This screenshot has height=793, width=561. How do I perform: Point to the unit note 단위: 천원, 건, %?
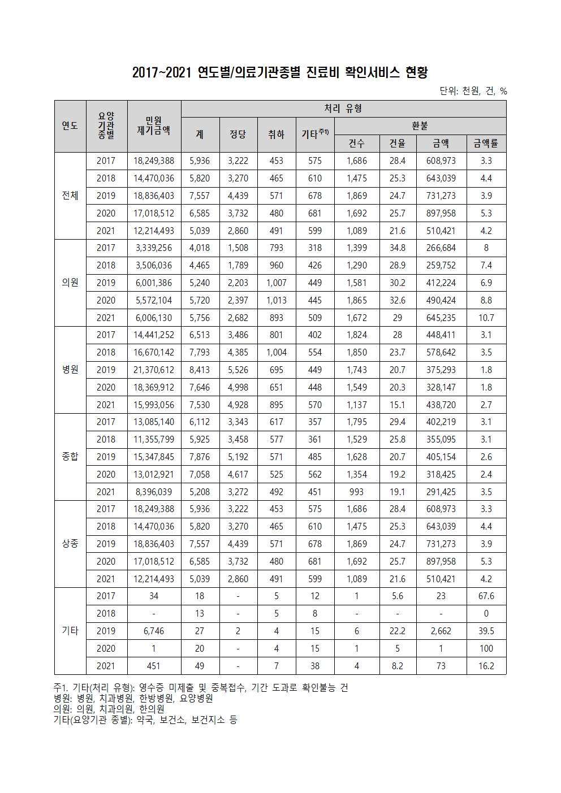click(x=473, y=91)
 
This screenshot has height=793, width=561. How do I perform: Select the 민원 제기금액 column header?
click(x=154, y=126)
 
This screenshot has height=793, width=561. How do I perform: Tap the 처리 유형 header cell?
click(x=343, y=109)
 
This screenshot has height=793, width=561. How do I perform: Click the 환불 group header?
click(x=420, y=125)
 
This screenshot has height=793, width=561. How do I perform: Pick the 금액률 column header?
click(x=486, y=144)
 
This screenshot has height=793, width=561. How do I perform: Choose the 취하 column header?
click(x=276, y=135)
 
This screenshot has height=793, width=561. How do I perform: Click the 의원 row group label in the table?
click(x=70, y=283)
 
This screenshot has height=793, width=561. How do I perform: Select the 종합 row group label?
click(x=70, y=457)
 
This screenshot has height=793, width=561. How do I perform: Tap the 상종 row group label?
click(x=70, y=544)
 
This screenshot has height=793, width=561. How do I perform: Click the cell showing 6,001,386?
click(x=154, y=283)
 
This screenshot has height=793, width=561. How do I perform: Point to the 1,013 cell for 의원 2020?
click(x=276, y=300)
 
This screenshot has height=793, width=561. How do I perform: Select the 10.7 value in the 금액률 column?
click(x=486, y=318)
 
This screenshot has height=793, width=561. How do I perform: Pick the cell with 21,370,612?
click(x=154, y=370)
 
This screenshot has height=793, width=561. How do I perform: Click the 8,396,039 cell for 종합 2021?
click(x=154, y=492)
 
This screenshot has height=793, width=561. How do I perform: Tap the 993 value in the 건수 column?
click(x=356, y=492)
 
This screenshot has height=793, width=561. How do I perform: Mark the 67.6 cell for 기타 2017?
click(x=486, y=596)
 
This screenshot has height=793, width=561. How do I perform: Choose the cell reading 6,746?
click(x=154, y=631)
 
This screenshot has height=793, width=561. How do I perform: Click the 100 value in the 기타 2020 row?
click(x=486, y=648)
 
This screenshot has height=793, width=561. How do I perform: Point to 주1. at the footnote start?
click(x=61, y=687)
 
